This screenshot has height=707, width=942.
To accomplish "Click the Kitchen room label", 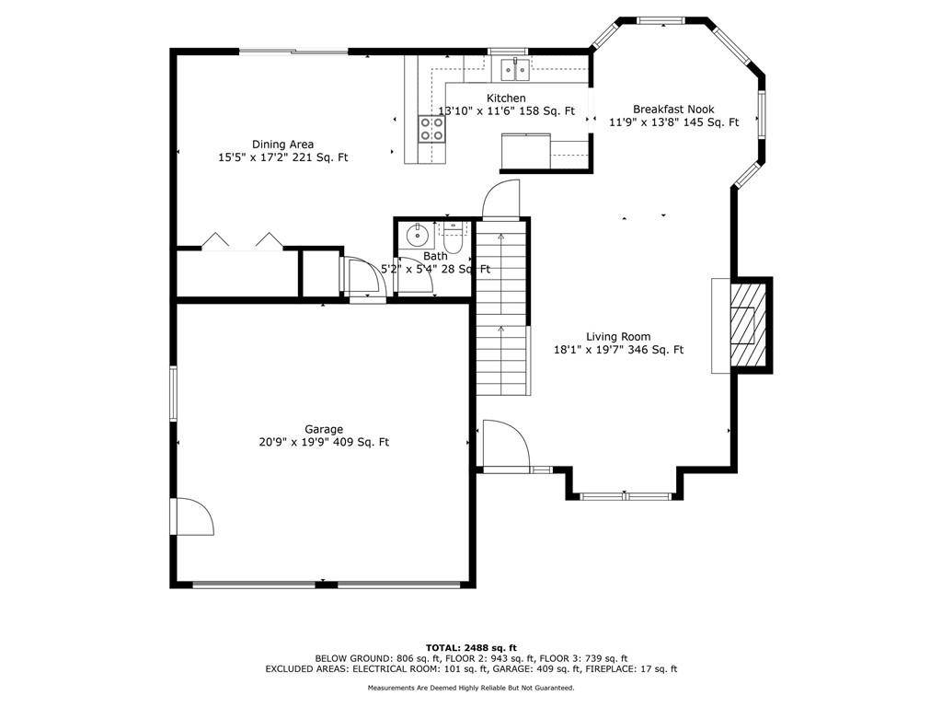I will pos(506,99).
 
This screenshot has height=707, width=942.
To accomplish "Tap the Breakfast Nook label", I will pos(673,109).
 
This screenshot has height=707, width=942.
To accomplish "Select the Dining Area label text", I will pos(282,144).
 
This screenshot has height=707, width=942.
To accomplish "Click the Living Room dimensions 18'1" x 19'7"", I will pos(618,350).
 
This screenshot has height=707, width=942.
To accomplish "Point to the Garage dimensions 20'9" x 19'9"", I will pos(324,442).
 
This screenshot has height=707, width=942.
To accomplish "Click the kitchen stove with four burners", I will pos(431,129).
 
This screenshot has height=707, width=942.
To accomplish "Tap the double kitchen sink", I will pos(513,68).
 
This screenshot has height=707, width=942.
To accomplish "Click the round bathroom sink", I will pos(416,234).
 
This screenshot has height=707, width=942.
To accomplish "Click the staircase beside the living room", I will pos(502,313).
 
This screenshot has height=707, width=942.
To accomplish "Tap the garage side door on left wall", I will pos(191,517).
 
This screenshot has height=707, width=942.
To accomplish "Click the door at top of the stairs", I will pos(502,198).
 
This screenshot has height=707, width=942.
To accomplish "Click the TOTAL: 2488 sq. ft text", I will pos(471,647).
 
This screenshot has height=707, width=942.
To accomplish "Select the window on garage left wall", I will pos(172,394).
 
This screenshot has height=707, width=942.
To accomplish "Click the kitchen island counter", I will pos(525,152).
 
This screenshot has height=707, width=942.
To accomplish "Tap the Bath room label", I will pos(435,256).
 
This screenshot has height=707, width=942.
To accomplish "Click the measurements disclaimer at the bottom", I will pos(471,688).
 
